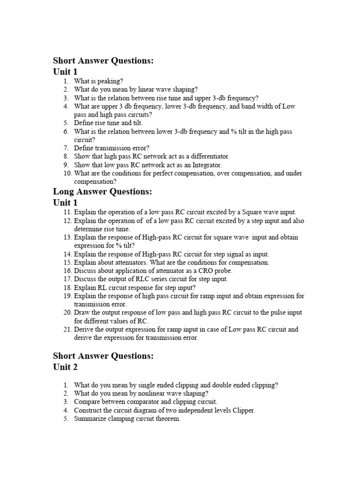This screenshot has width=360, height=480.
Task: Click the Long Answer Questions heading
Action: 103,191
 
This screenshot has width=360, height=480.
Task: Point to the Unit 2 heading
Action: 65,367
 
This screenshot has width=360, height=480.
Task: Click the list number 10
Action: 67,173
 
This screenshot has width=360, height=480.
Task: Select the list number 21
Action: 67,330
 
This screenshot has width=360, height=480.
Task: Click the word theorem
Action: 168,419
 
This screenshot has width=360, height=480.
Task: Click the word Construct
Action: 89,410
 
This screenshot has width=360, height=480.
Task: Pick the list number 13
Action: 67,237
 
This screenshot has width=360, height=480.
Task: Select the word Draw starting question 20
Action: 82,313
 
